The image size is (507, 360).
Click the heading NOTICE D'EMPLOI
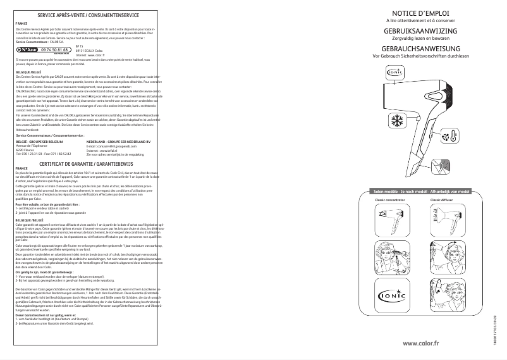click(420, 13)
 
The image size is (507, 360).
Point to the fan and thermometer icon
click(451, 137)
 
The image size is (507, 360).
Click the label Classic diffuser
click(441, 200)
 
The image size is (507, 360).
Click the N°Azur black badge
click(27, 49)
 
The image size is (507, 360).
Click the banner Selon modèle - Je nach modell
click(420, 191)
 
